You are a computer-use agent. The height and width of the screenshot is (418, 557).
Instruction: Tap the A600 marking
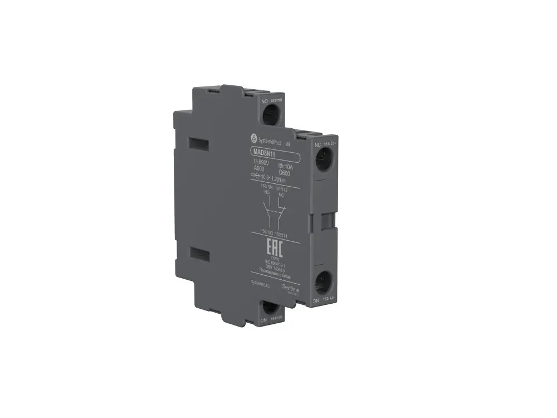260,169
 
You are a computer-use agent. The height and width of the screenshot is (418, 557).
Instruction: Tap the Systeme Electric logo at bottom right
291,288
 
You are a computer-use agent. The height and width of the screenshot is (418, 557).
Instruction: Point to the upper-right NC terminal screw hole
323,161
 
